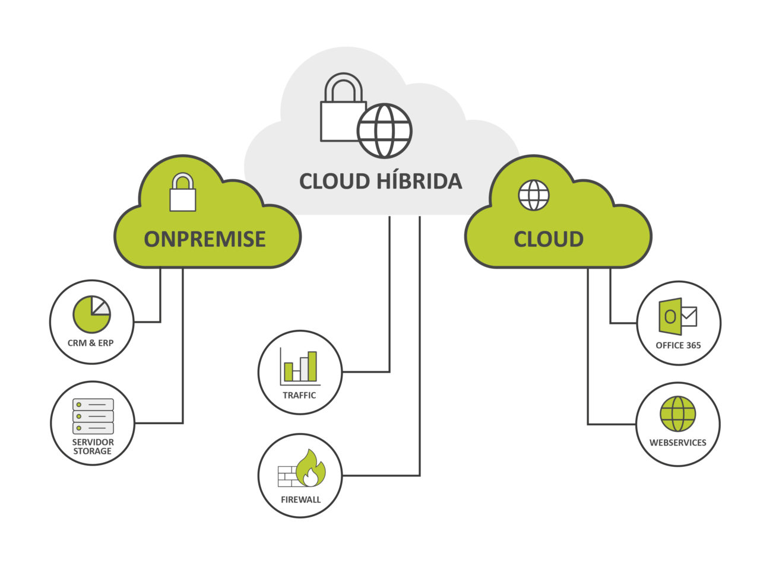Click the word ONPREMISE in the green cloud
coord(205,238)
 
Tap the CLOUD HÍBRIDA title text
coord(381,181)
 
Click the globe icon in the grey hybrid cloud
coord(384,131)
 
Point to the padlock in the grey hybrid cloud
coord(342,110)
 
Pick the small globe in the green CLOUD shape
coord(534,195)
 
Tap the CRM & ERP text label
coord(91,343)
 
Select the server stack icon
coord(93,416)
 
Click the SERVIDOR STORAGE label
coord(93,447)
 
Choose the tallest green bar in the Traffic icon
coord(312,366)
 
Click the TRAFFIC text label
coord(299,395)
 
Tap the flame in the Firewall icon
coord(311,468)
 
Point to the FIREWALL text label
coord(300,500)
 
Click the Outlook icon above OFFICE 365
coord(670,316)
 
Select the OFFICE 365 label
coord(678,345)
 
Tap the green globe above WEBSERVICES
coord(677,413)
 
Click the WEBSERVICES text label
coord(677,443)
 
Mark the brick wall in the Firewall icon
coord(287,476)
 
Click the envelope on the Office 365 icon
coord(689,316)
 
